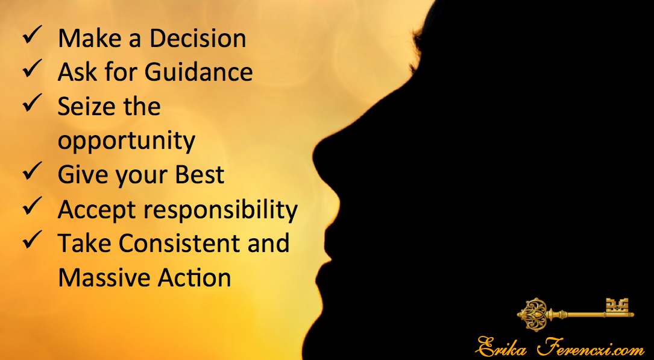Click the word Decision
[x=198, y=39]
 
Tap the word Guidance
[x=198, y=72]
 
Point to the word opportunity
[x=127, y=142]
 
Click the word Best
[x=200, y=174]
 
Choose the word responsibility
[x=221, y=210]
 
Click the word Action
[x=187, y=277]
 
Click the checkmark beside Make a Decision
[x=32, y=35]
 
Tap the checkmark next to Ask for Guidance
[x=32, y=69]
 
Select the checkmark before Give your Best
[x=32, y=171]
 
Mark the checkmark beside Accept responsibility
[x=32, y=206]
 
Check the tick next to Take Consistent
[x=32, y=240]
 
